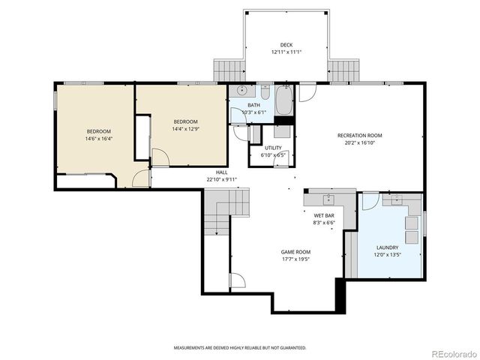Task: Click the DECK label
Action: tap(286, 44)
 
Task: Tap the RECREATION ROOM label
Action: tap(359, 135)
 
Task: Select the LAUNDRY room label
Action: tap(387, 247)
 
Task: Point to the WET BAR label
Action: tap(323, 216)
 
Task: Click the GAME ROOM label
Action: tap(295, 252)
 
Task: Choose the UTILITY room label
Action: tap(273, 148)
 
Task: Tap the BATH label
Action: tap(253, 106)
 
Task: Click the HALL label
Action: tap(221, 172)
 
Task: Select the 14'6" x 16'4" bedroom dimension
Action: tap(98, 138)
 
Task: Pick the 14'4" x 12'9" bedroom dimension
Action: tap(185, 128)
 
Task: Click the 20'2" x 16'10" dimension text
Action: tap(359, 142)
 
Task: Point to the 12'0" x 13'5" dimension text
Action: tap(387, 254)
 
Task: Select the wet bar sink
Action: tap(328, 199)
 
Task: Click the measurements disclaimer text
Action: tap(240, 348)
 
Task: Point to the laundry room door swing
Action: tap(370, 201)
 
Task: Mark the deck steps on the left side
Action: tap(229, 70)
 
